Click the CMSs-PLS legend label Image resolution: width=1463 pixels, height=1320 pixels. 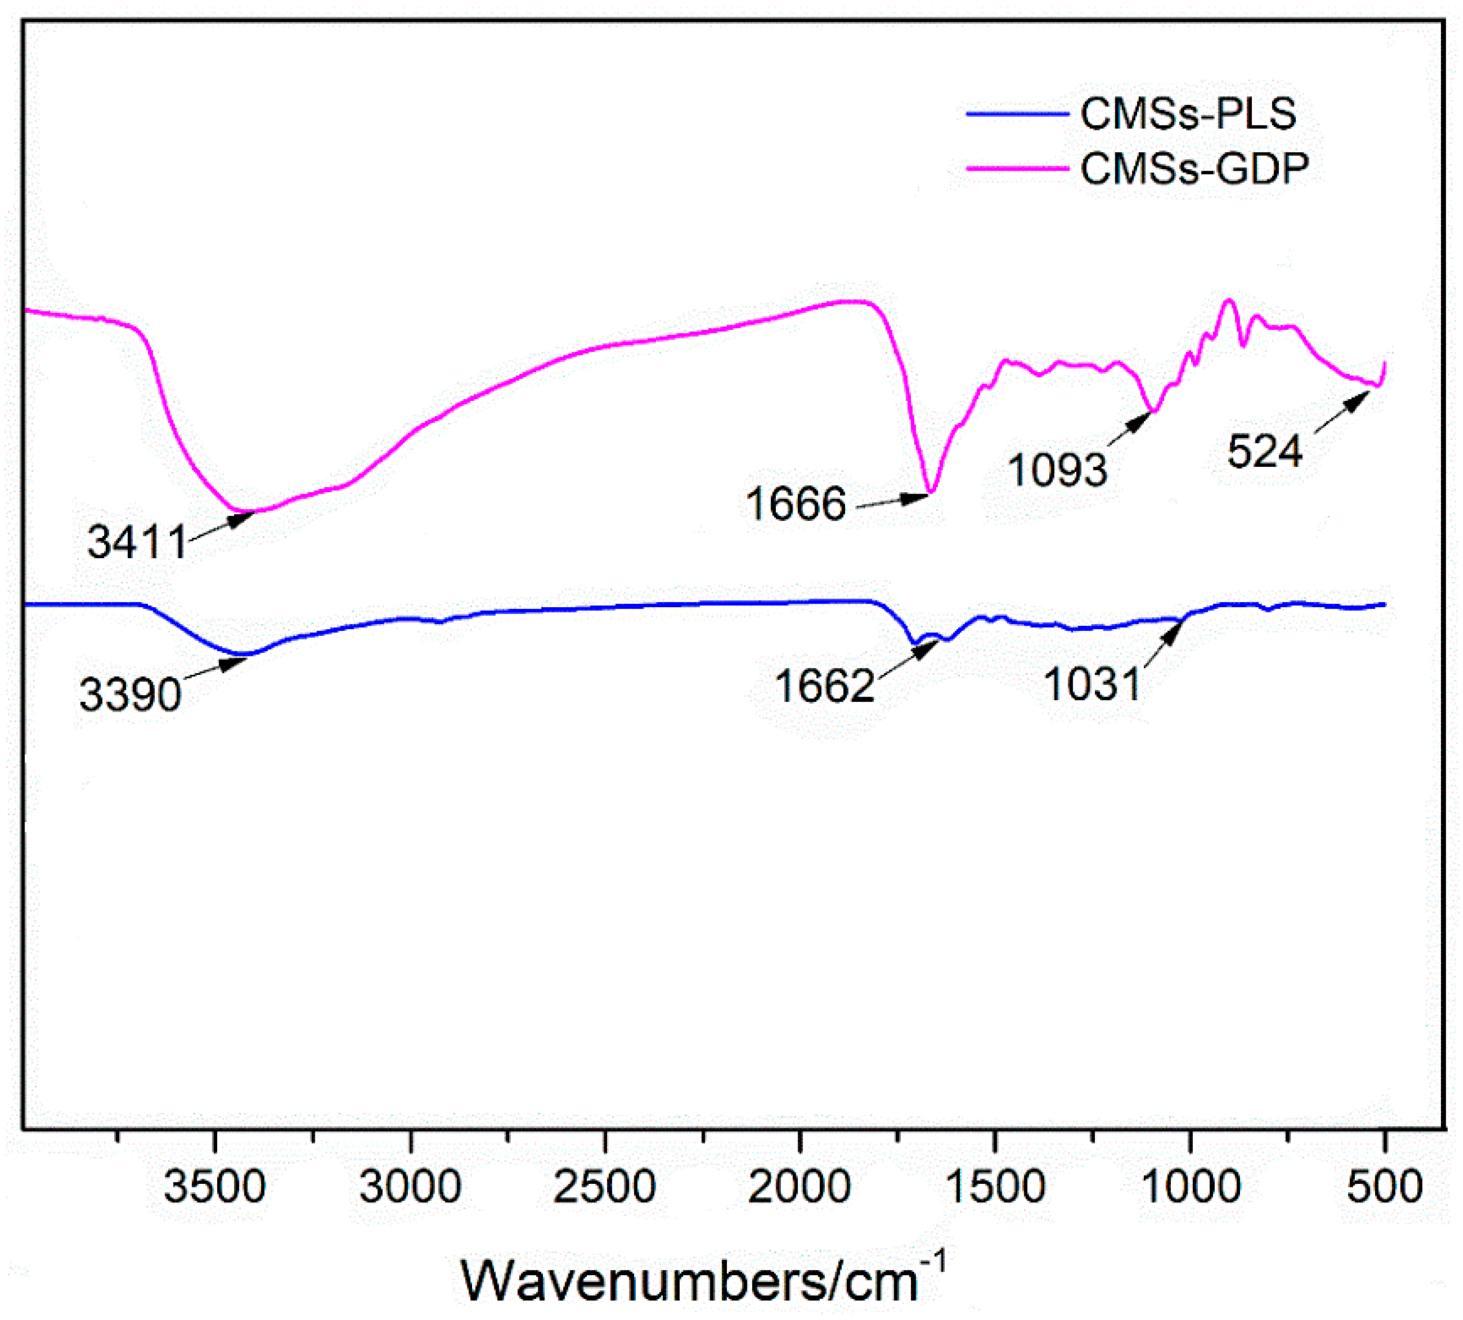pos(1188,114)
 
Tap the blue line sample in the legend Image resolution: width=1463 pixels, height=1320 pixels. pos(1017,114)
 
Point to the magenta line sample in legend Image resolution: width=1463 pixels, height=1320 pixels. pos(1017,168)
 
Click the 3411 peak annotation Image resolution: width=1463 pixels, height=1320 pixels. pos(137,542)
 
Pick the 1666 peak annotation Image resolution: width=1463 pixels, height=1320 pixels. pos(795,503)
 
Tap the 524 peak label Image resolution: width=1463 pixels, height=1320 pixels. pos(1265,451)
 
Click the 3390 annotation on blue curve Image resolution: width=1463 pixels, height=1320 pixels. pos(130,694)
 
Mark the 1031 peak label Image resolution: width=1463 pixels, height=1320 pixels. pos(1092,683)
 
